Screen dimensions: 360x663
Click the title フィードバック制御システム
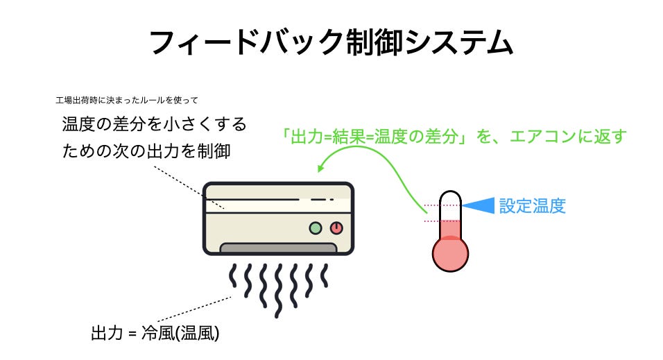(x=331, y=43)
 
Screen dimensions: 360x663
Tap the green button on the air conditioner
(x=316, y=227)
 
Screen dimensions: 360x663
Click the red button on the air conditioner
(x=336, y=227)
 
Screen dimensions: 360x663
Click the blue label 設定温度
(x=533, y=206)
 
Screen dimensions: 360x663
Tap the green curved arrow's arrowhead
(x=321, y=169)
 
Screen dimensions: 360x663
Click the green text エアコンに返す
(x=567, y=136)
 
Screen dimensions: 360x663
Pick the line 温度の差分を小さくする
(x=154, y=125)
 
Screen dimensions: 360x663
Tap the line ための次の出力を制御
(x=146, y=151)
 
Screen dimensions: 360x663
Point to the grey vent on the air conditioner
(x=278, y=248)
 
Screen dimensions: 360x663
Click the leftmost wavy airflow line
(x=234, y=279)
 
